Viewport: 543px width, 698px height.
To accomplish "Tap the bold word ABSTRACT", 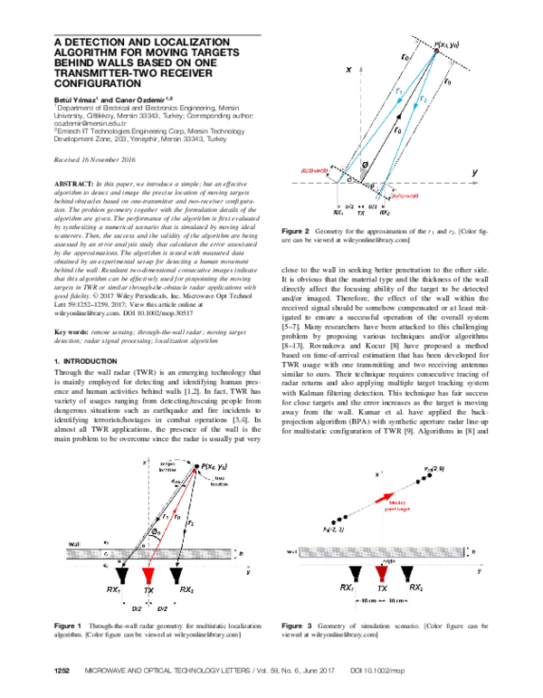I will (x=74, y=183).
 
